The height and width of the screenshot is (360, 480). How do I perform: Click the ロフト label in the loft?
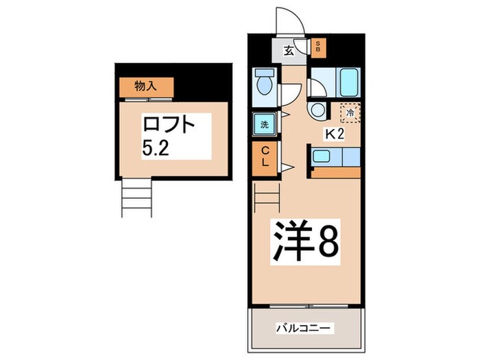(x=169, y=124)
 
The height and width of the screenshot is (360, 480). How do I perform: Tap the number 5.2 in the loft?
(x=156, y=149)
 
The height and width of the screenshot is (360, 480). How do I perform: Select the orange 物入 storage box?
(x=146, y=87)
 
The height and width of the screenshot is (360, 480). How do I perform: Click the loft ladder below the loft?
(x=136, y=197)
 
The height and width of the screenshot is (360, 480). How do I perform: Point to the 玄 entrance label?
(x=289, y=51)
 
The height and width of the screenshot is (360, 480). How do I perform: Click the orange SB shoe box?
(x=318, y=48)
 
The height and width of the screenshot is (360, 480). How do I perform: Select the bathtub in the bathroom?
(x=348, y=82)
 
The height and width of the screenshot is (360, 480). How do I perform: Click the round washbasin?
(x=317, y=110)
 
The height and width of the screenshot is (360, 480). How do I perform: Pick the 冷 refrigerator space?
(x=350, y=112)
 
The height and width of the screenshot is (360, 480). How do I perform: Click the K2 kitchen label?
(x=335, y=134)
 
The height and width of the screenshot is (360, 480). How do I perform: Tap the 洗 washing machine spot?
(x=265, y=124)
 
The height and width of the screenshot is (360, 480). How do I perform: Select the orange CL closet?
(x=265, y=158)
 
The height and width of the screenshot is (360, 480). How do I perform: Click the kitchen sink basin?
(x=321, y=156)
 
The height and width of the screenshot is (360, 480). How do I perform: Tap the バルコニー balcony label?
(x=304, y=328)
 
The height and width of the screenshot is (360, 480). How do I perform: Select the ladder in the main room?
(x=267, y=197)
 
